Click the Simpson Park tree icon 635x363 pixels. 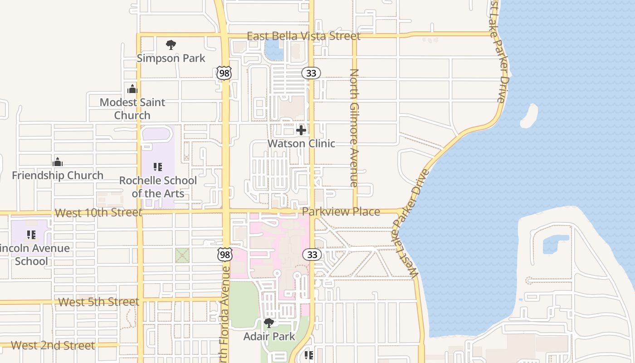tap(171, 45)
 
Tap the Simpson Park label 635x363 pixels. tap(171, 58)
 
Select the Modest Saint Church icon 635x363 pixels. tap(132, 89)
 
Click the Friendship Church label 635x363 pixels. tap(58, 175)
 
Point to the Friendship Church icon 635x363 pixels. tap(58, 162)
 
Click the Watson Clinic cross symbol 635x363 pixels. tap(301, 131)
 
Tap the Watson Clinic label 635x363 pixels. tap(301, 143)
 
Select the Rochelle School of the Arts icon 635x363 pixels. tap(158, 167)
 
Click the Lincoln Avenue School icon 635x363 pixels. tap(31, 235)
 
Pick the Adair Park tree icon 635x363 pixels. tap(269, 323)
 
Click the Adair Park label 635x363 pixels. tap(269, 336)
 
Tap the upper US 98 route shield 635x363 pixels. tap(224, 73)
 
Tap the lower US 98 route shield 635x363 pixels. tap(225, 255)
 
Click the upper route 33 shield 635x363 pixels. tap(311, 73)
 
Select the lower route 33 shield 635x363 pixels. tap(312, 255)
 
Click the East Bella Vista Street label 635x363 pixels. tap(303, 36)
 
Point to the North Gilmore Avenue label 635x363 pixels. tap(354, 128)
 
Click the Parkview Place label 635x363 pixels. tap(341, 211)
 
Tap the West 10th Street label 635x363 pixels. tap(98, 213)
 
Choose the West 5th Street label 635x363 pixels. tap(98, 302)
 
